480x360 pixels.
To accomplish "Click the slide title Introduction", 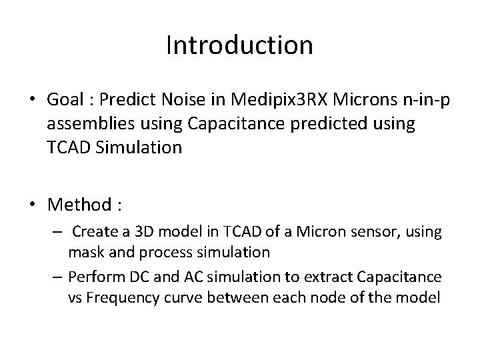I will (239, 45).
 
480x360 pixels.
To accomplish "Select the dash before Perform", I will (59, 275).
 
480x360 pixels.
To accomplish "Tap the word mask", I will (83, 253).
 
